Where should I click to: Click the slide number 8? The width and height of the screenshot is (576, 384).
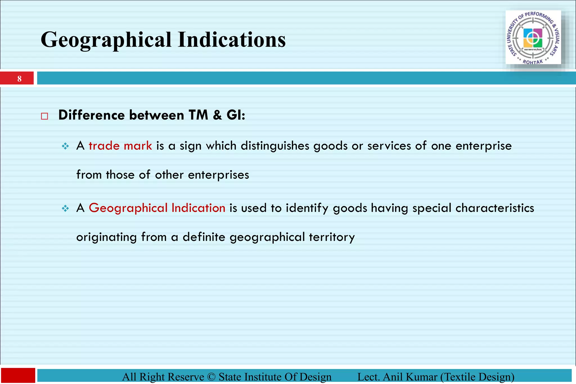coord(19,79)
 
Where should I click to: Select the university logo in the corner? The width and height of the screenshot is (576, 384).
coord(533,37)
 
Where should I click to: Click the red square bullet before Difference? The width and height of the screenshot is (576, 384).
coord(44,116)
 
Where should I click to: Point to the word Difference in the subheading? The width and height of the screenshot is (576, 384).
coord(91,115)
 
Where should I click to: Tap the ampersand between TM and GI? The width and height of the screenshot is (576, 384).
coord(217,115)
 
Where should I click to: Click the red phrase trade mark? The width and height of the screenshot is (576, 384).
coord(120,146)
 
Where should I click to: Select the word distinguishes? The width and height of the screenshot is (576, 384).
coord(275,146)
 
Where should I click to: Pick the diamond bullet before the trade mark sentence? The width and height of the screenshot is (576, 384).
coord(65,146)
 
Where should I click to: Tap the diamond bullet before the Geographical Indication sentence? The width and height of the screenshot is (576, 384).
coord(65,208)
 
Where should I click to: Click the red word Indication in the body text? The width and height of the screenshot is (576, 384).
coord(198,208)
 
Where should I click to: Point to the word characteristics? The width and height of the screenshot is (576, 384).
coord(495,208)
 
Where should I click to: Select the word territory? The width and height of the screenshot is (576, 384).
coord(332,237)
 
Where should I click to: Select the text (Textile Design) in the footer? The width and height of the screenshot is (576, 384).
coord(477,377)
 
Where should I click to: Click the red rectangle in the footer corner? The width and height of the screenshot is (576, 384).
coord(18,375)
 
